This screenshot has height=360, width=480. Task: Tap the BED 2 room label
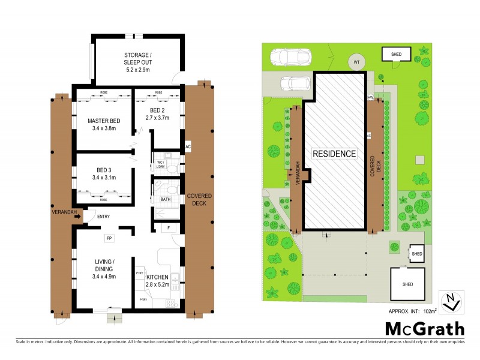coord(158,114)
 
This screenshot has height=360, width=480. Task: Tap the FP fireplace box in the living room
coord(109,238)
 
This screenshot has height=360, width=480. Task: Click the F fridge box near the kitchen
coord(169,228)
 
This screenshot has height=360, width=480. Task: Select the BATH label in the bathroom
coord(166,199)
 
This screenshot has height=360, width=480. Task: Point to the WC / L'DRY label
coord(160,164)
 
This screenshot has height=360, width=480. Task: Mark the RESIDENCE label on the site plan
coord(334,154)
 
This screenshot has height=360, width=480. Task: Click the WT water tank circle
coord(356,62)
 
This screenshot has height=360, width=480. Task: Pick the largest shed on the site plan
coord(407,284)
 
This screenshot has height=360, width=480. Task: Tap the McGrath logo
coord(424,328)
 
